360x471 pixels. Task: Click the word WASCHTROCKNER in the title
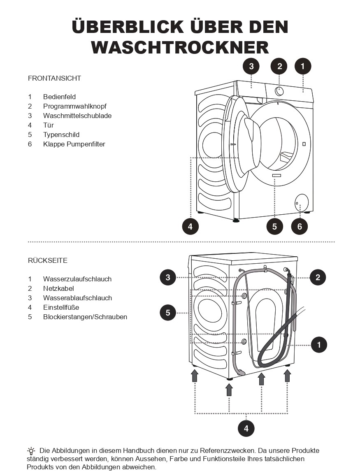point(180,47)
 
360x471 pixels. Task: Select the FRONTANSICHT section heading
point(54,78)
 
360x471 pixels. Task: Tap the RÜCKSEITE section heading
point(48,260)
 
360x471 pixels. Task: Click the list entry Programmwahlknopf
point(75,106)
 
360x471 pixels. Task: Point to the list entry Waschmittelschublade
point(77,116)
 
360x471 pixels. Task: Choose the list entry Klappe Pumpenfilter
point(74,144)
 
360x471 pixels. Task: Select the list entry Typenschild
point(61,135)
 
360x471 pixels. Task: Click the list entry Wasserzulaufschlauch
point(77,279)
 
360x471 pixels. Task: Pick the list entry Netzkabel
point(58,288)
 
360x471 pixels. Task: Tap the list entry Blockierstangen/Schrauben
point(85,317)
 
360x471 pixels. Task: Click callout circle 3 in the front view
point(251,66)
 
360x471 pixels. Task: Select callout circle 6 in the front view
point(300,226)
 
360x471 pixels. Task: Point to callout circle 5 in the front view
point(274,226)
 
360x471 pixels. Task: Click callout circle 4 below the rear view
point(246,428)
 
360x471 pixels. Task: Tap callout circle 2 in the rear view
point(318,277)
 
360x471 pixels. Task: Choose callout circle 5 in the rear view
point(168,313)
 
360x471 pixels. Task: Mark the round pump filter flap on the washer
point(301,202)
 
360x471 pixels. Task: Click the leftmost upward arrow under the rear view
point(195,375)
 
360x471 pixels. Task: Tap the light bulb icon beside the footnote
point(31,451)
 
